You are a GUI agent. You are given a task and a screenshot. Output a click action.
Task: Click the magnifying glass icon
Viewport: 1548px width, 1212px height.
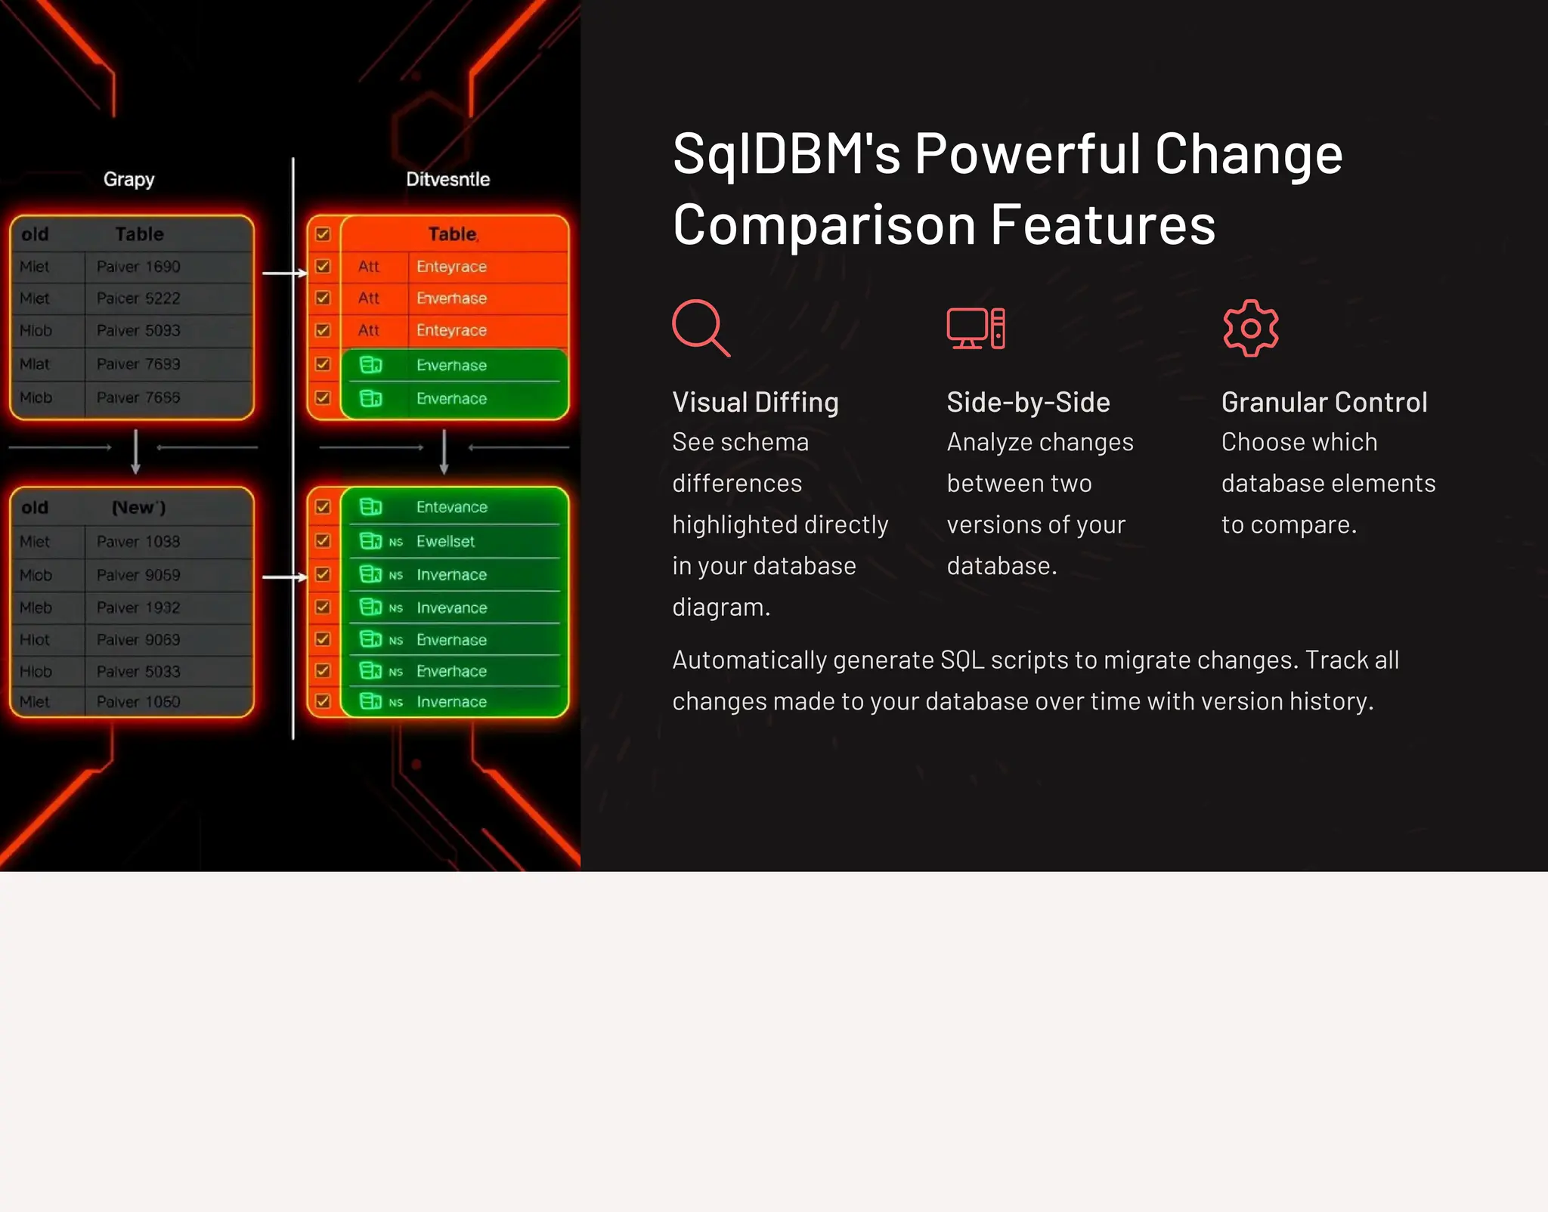[700, 327]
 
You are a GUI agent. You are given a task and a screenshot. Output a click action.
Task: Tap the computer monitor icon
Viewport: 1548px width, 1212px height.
[975, 328]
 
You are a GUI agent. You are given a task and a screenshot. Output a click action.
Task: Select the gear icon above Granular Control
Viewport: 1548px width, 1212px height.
[1250, 328]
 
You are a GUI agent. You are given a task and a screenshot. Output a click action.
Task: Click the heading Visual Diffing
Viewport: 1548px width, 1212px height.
[755, 402]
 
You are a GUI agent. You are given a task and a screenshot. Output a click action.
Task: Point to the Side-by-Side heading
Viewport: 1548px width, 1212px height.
[1028, 402]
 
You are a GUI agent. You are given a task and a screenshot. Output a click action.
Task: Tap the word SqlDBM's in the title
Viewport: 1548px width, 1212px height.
[786, 154]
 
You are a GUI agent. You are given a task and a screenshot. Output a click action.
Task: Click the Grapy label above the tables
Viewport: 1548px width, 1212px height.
[128, 179]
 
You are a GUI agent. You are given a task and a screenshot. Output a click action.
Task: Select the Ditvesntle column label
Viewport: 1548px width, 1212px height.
[447, 179]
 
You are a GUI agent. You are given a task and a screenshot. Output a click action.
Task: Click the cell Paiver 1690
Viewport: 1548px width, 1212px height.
[138, 267]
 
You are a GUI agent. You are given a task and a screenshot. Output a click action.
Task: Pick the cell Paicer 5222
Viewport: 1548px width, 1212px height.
[138, 298]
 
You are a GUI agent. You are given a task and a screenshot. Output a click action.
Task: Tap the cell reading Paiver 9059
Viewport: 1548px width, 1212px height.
[138, 575]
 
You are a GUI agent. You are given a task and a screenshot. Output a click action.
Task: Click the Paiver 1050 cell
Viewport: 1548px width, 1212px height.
[138, 702]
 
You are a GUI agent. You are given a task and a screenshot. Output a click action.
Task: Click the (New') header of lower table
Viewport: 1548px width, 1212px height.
[138, 508]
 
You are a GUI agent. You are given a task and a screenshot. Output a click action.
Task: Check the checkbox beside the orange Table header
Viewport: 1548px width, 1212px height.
[323, 234]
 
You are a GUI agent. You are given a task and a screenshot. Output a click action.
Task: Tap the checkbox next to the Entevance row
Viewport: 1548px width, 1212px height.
[323, 507]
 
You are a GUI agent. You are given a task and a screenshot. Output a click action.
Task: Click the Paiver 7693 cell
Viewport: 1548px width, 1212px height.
[138, 364]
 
